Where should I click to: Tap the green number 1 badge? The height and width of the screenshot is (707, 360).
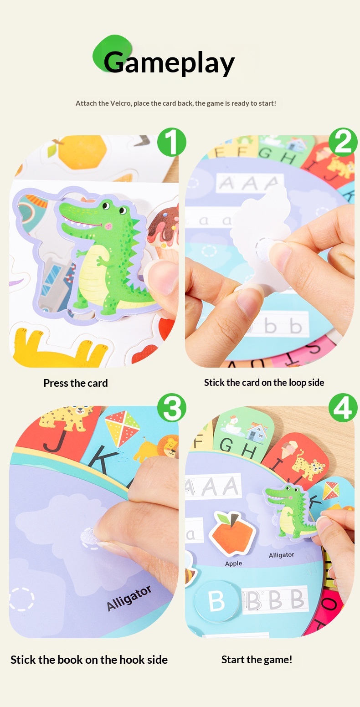coord(171,142)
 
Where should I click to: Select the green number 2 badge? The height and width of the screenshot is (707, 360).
coord(343,142)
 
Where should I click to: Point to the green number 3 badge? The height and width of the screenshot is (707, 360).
coord(171,408)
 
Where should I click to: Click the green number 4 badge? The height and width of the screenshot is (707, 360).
coord(343,408)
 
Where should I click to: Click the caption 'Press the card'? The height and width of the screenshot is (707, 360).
coord(76,383)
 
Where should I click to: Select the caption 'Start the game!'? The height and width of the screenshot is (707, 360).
coord(257,659)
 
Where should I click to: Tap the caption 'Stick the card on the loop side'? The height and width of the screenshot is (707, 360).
coord(264,383)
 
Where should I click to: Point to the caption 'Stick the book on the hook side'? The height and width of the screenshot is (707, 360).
coord(89,660)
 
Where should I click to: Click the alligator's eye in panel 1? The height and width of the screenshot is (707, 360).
coord(107,206)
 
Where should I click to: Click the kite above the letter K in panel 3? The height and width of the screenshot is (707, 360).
coord(122,427)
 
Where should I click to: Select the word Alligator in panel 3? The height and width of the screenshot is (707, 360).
coord(129,598)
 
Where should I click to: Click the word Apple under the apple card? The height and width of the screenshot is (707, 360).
coord(233,564)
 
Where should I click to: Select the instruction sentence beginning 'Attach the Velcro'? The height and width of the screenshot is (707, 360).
coord(176,103)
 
